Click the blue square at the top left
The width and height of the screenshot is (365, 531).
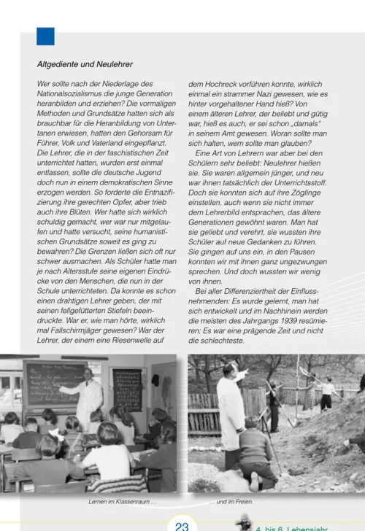point(45,36)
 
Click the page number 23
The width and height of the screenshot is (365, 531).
point(182,524)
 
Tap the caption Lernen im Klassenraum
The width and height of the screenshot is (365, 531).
point(122,503)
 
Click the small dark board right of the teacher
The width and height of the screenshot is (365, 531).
point(128,390)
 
